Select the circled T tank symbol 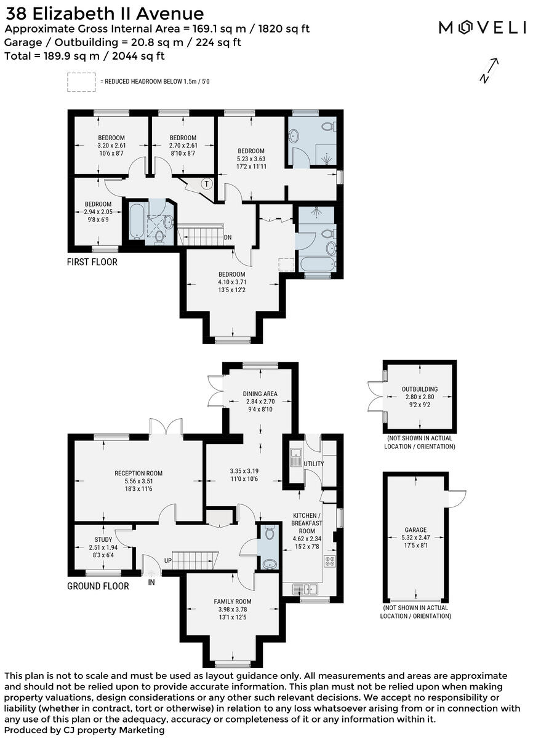[x=207, y=183]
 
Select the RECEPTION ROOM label [x=138, y=473]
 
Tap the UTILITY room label [x=314, y=463]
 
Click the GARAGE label [x=415, y=530]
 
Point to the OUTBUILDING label [x=420, y=389]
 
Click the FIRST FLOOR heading [x=92, y=262]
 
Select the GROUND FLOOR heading [x=98, y=586]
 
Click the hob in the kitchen [x=329, y=561]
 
